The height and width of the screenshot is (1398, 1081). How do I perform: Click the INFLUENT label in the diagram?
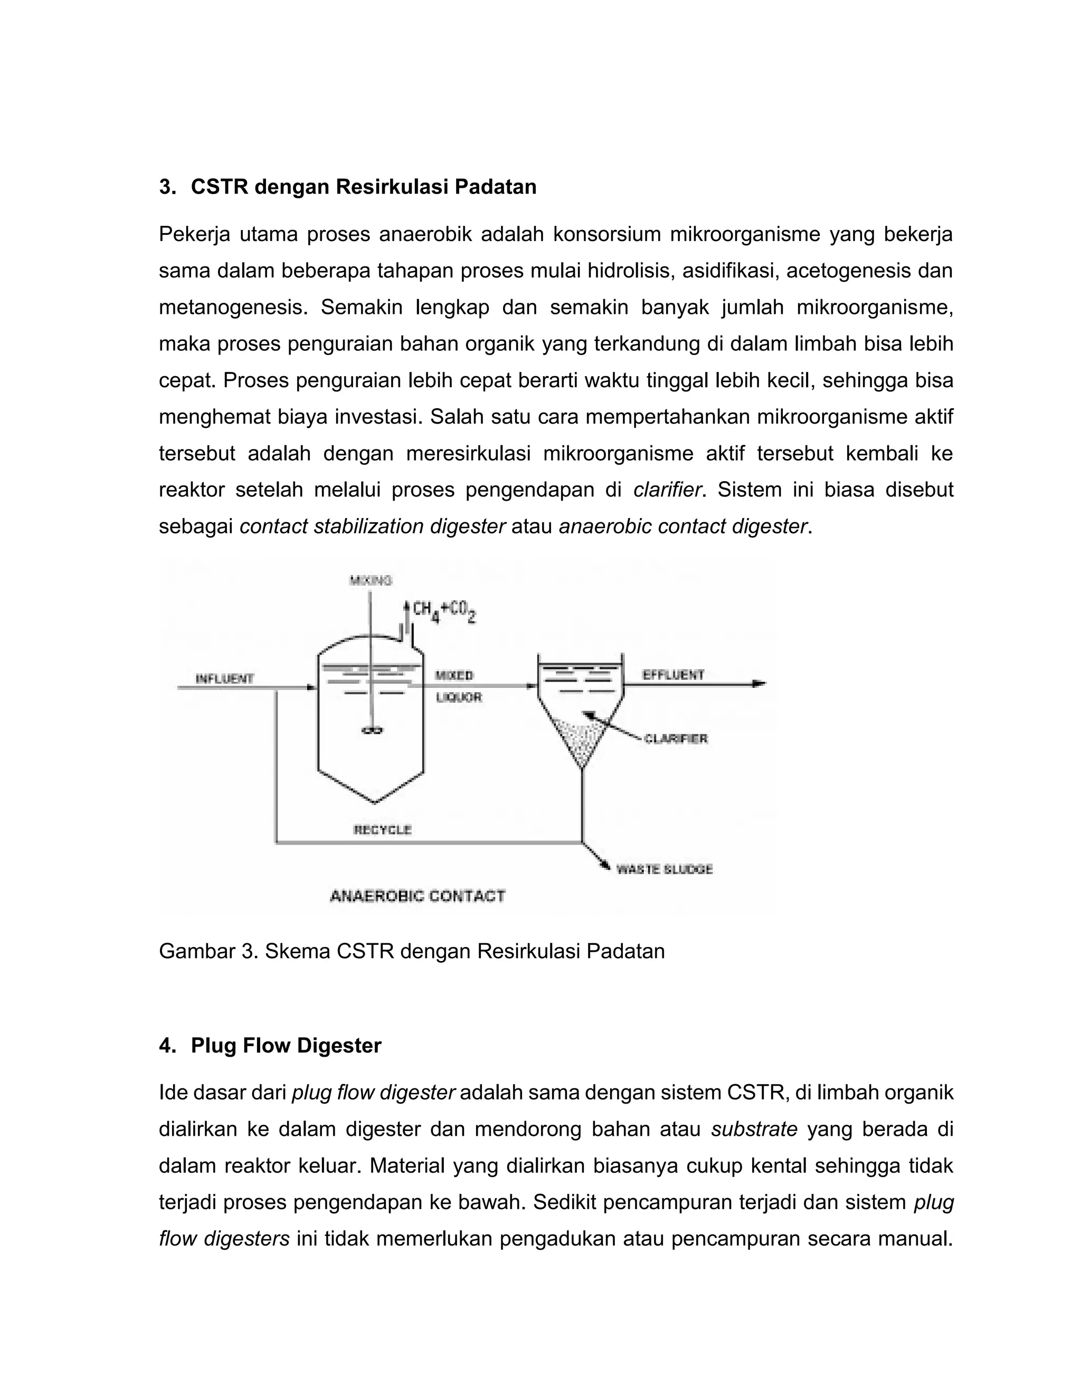pos(224,678)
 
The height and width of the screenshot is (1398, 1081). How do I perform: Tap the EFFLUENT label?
pos(672,675)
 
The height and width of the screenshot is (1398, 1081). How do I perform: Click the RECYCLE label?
pos(382,830)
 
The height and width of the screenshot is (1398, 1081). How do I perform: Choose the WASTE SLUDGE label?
pos(664,869)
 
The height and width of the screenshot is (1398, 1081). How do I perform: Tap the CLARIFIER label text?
pos(676,739)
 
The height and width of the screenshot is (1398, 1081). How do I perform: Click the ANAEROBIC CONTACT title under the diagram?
pos(418,896)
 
